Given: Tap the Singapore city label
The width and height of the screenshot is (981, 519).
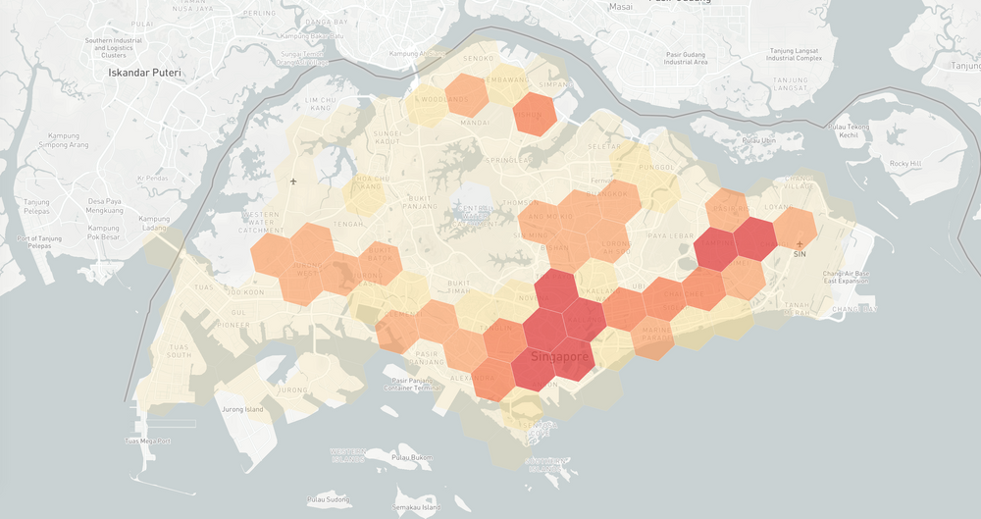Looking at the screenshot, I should [x=560, y=357].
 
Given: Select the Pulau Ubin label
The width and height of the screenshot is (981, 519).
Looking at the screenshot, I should [x=758, y=140].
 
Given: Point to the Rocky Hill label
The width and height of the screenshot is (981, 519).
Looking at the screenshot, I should [x=905, y=163].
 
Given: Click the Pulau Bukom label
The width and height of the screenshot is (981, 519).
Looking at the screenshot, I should [x=412, y=457].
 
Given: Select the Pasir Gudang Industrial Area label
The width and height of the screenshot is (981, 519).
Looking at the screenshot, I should [x=686, y=57].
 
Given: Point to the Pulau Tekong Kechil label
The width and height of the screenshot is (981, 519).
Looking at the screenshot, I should [x=849, y=130].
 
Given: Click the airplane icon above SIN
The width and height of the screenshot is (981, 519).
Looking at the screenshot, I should [x=800, y=242].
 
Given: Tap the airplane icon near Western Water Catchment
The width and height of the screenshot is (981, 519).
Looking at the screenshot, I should [x=293, y=182].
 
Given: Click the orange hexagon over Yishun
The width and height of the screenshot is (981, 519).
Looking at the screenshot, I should [x=535, y=114].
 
